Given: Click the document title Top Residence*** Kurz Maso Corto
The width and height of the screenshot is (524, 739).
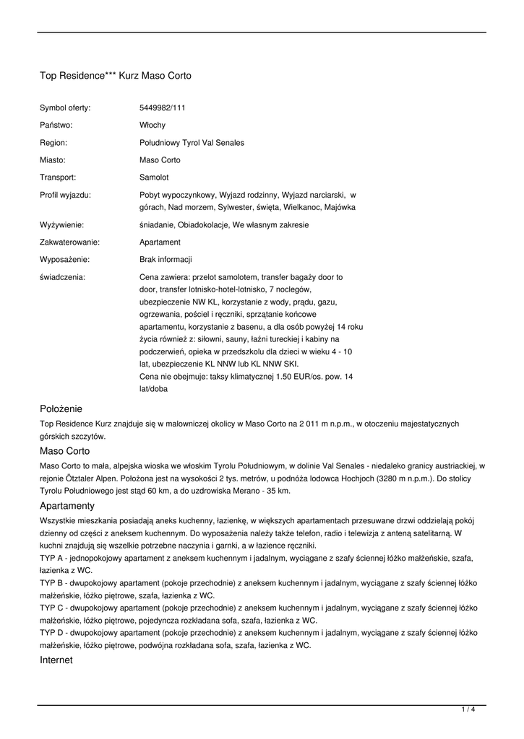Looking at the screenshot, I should click(x=116, y=75).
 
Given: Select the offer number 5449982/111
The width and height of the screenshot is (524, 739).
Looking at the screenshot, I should click(x=163, y=108).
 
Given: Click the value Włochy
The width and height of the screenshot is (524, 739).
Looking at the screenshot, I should click(x=153, y=126).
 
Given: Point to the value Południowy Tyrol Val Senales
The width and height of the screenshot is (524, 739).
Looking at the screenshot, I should click(x=192, y=143).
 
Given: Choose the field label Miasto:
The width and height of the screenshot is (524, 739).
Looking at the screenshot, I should click(x=53, y=160).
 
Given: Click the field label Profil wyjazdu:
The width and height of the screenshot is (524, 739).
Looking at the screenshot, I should click(x=65, y=195).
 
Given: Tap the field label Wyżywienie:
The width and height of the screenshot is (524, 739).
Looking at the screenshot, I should click(x=61, y=225).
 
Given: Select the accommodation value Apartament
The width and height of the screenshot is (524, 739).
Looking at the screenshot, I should click(x=160, y=242).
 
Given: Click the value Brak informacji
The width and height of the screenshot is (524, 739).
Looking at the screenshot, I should click(x=166, y=260).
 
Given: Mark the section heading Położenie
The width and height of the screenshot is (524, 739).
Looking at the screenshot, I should click(x=61, y=408).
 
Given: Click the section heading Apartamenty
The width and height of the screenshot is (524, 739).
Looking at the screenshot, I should click(x=67, y=506).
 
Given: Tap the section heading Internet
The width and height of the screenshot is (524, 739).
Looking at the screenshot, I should click(x=56, y=660).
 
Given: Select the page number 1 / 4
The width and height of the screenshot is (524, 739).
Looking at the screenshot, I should click(x=468, y=710).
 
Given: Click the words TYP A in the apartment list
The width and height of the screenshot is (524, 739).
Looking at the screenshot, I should click(x=51, y=558).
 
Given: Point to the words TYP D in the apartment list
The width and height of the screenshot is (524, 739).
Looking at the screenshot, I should click(x=51, y=633).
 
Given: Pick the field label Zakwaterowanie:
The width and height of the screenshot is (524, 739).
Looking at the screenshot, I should click(x=69, y=242).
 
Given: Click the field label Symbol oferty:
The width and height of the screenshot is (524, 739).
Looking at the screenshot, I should click(x=65, y=108).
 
